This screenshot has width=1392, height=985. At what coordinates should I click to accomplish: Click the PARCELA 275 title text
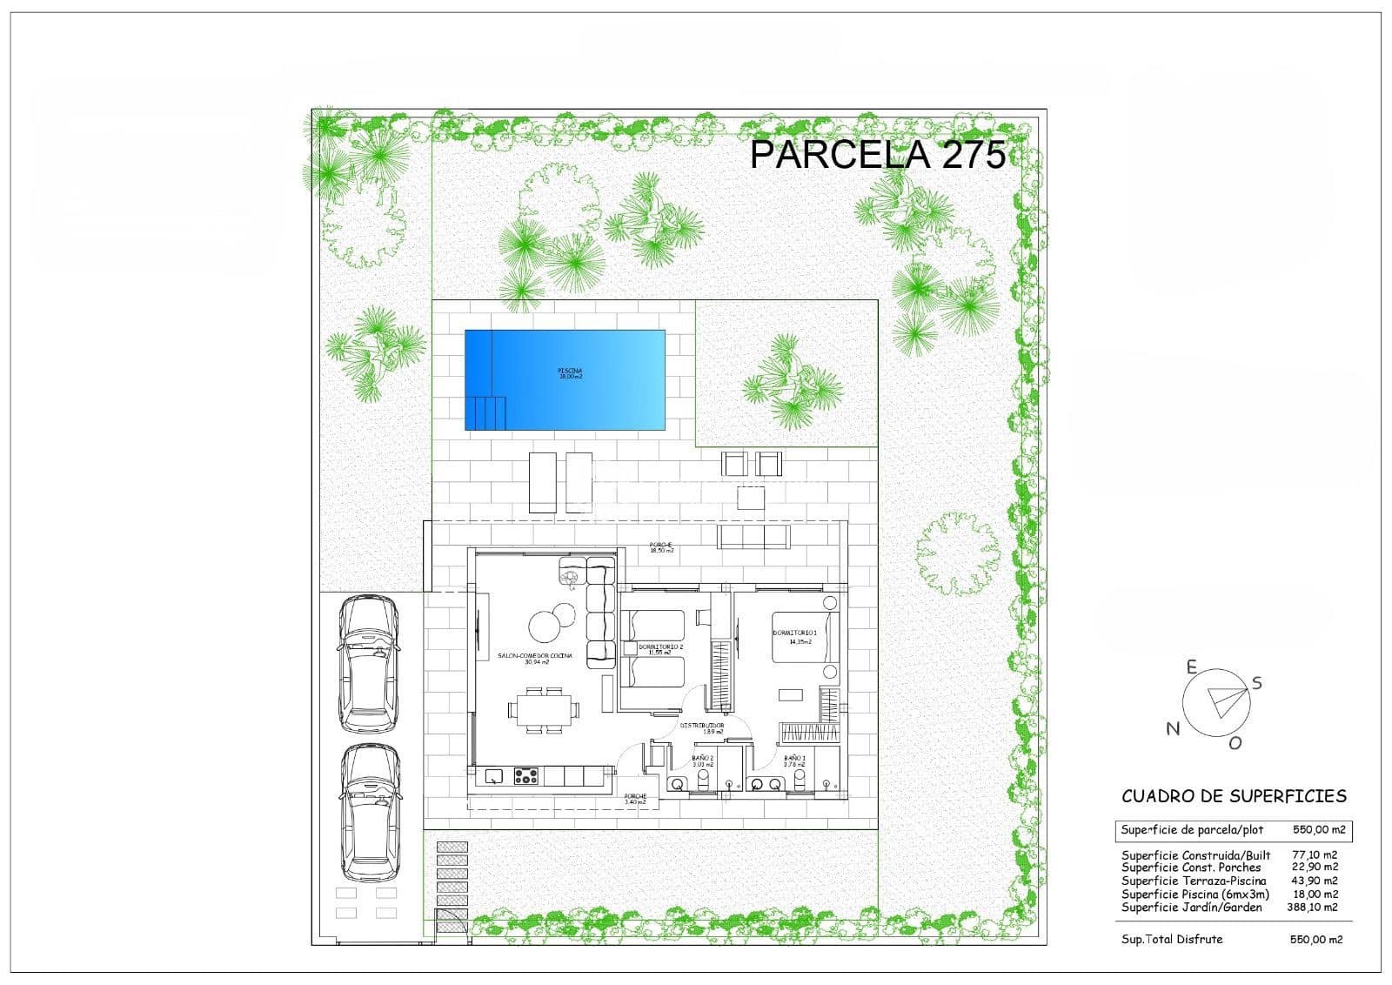[877, 155]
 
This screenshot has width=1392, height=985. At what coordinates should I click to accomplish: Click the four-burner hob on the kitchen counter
[525, 775]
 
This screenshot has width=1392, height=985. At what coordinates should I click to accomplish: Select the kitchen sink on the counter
[494, 775]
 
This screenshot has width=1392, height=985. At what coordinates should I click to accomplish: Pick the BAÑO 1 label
[794, 761]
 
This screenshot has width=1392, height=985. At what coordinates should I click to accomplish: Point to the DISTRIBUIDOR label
[702, 727]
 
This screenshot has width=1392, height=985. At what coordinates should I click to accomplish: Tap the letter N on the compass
[1173, 729]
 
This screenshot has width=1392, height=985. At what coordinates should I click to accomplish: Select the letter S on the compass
[1257, 683]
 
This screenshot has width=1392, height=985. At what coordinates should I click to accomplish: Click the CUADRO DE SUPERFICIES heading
[1234, 795]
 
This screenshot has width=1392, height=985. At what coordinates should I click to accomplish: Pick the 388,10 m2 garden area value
[1312, 907]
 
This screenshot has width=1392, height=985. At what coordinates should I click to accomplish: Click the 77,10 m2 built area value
[1315, 855]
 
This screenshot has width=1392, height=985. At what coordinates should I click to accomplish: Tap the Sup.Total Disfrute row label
[1172, 939]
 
